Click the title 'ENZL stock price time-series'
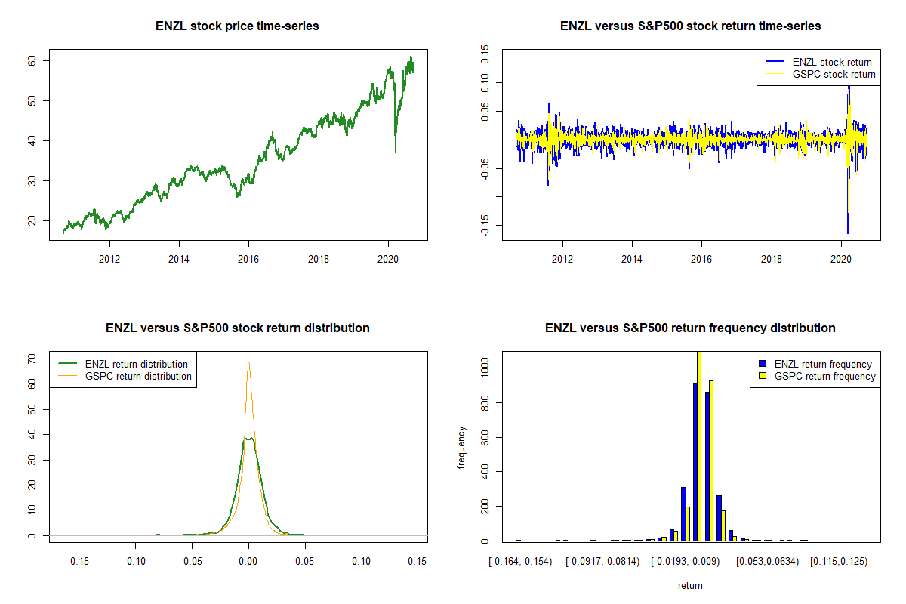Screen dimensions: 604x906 237,26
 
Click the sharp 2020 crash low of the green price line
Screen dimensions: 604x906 395,153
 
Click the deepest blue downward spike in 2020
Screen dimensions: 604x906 848,233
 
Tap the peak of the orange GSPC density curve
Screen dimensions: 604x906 248,362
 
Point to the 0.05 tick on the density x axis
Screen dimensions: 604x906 305,562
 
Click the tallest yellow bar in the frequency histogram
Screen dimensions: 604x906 699,445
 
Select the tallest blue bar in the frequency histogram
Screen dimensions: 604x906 695,462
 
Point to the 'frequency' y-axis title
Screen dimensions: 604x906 461,448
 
